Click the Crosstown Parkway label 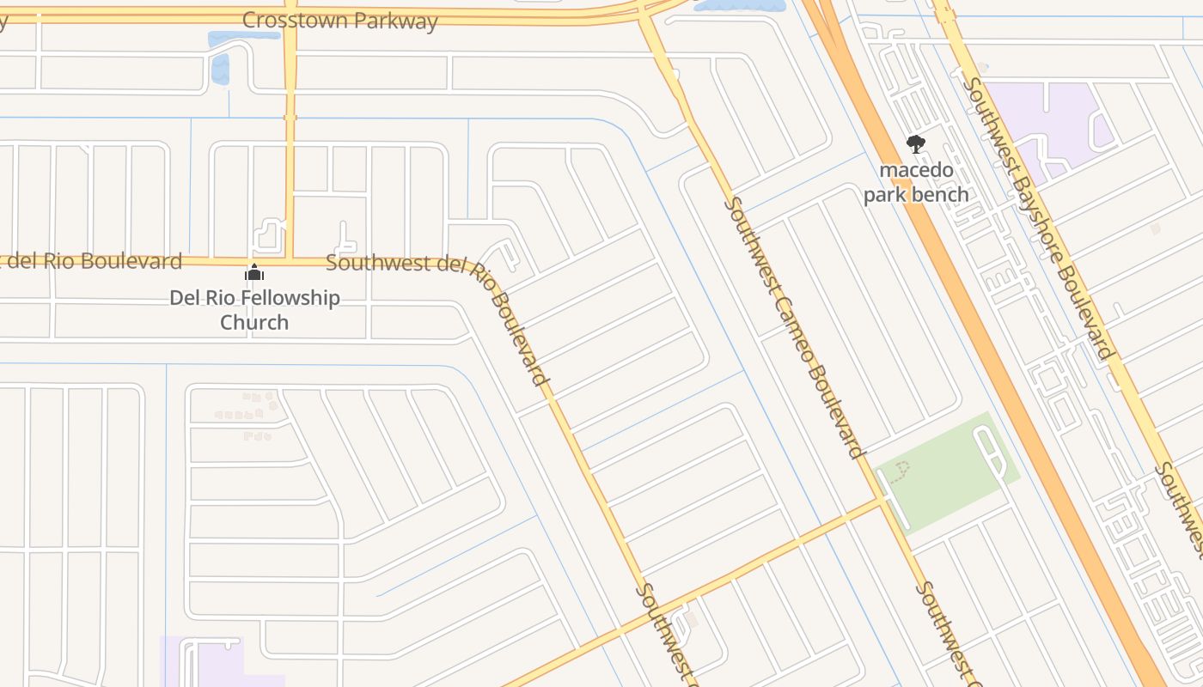[x=339, y=21]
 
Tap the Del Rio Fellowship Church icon [x=254, y=273]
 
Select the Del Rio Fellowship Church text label [x=254, y=310]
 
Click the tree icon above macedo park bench [x=916, y=144]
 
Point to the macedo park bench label [x=916, y=182]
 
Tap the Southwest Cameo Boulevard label [x=794, y=327]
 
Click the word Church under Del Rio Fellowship [x=254, y=323]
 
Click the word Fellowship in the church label [x=288, y=298]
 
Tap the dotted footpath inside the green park [x=901, y=470]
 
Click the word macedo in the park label [x=916, y=170]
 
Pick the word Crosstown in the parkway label [x=296, y=20]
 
